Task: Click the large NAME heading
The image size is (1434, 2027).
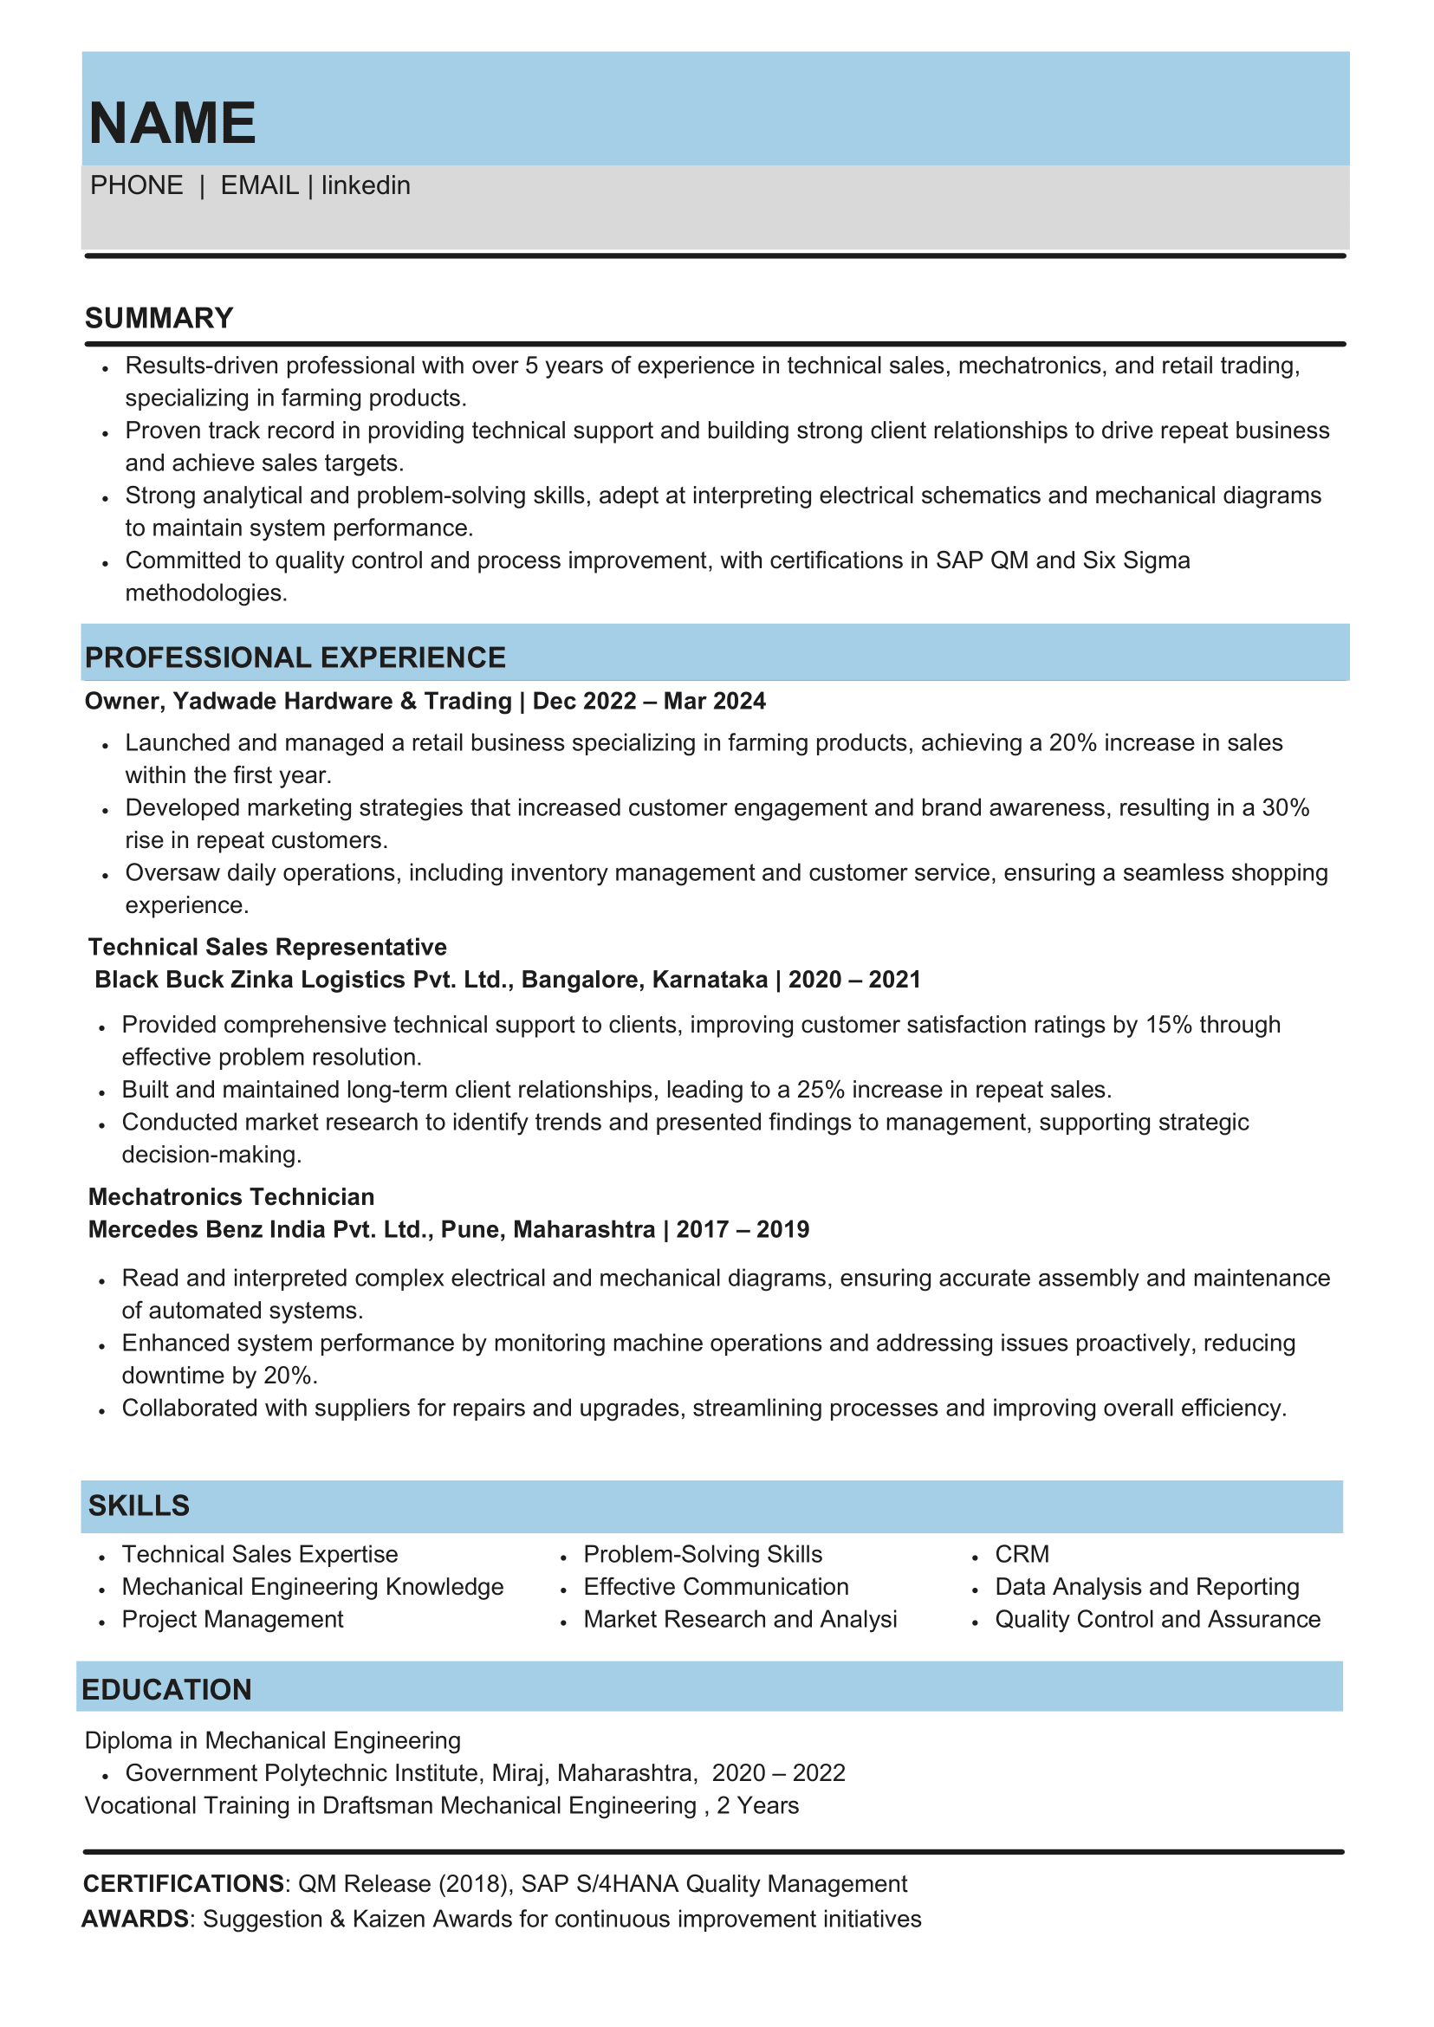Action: [x=172, y=123]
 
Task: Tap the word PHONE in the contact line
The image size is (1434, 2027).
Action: [x=136, y=185]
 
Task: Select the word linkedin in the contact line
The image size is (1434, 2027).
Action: [x=366, y=185]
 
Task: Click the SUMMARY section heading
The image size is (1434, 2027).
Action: [x=159, y=318]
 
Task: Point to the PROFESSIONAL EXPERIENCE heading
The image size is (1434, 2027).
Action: [x=295, y=657]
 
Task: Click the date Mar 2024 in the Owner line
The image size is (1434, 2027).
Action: [x=714, y=701]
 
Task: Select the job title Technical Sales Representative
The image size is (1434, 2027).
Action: [x=268, y=948]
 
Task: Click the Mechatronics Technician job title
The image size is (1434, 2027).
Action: [x=231, y=1197]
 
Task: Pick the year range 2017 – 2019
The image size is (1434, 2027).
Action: [x=743, y=1230]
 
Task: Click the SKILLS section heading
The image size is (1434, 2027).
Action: [x=139, y=1506]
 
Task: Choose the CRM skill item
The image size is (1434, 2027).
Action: [x=1022, y=1554]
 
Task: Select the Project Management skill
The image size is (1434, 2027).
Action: [x=232, y=1619]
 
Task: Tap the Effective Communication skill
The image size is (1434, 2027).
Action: [x=716, y=1586]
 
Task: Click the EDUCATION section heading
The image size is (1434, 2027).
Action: [x=167, y=1690]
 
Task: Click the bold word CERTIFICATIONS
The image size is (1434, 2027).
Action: [x=184, y=1884]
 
